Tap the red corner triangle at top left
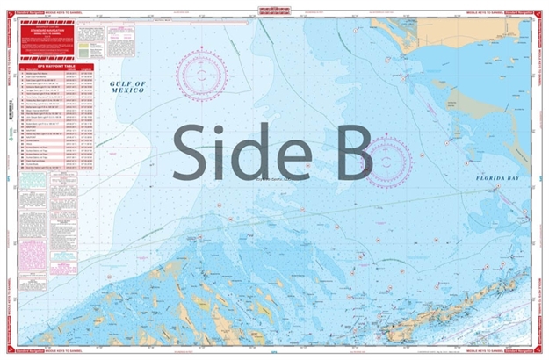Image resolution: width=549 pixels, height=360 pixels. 8,8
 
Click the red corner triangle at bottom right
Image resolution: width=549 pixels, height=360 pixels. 540,351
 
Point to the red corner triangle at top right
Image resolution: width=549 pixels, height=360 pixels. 540,8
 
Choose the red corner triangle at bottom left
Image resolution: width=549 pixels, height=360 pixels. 8,351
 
